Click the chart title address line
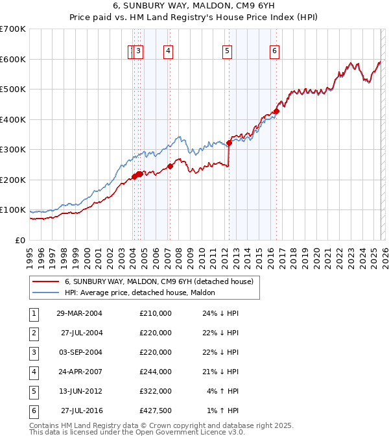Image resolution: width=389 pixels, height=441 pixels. [x=194, y=6]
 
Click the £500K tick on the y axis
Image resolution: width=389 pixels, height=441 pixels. [x=13, y=89]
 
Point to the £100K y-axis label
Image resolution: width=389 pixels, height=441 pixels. [x=13, y=210]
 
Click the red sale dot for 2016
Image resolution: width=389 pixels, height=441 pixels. [x=277, y=111]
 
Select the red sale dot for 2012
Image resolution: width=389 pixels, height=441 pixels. [x=230, y=143]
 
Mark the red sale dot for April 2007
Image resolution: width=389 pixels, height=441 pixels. [x=171, y=166]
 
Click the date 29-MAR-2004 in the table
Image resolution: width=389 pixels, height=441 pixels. [x=79, y=313]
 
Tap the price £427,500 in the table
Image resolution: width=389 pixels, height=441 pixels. [x=155, y=411]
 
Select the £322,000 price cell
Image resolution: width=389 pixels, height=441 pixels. [x=155, y=391]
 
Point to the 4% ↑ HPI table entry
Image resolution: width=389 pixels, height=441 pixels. [x=222, y=391]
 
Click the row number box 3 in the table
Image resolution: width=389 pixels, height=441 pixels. [x=33, y=352]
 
